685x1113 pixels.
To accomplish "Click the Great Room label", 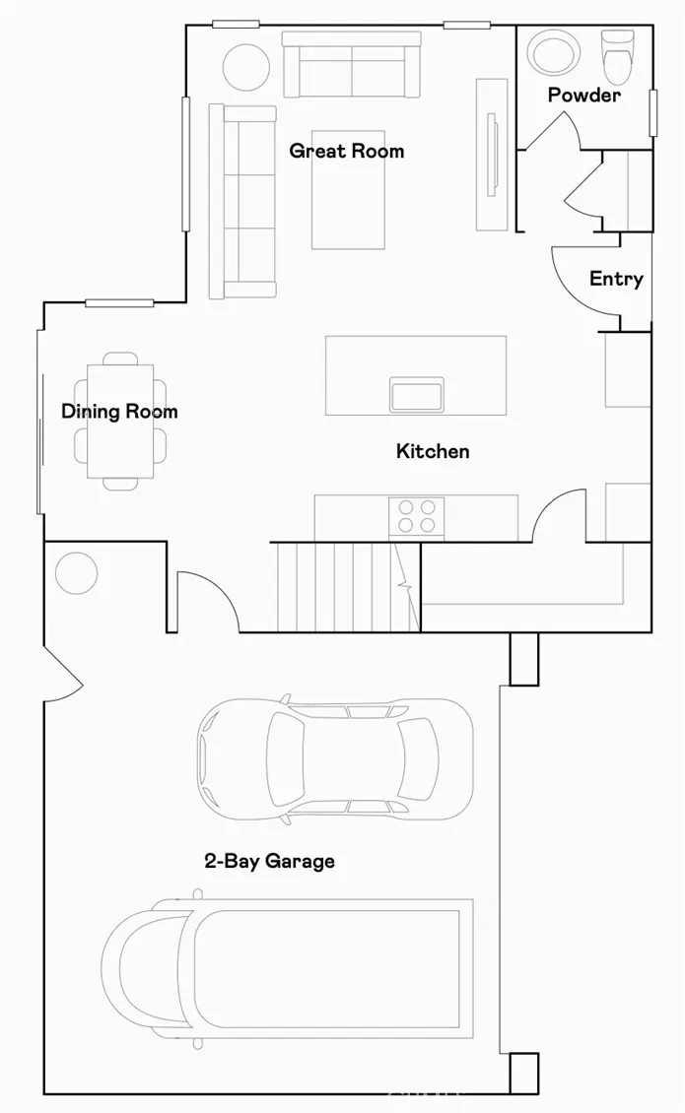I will (x=346, y=151).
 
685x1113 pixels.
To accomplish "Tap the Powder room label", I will (x=583, y=96).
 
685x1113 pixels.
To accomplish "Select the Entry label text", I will (x=616, y=279).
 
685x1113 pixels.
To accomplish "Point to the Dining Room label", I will (x=119, y=411).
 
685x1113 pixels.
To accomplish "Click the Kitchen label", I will (x=433, y=451).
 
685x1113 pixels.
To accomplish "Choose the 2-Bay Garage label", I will (x=269, y=861).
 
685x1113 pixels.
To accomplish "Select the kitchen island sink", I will (x=417, y=394).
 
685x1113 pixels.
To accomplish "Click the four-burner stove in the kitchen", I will (x=416, y=516).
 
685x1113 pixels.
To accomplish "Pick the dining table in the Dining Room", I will (x=120, y=421).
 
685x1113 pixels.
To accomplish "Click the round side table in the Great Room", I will (x=245, y=67).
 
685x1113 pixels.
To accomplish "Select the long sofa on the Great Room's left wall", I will (x=242, y=201).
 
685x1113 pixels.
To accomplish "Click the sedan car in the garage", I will (x=334, y=759).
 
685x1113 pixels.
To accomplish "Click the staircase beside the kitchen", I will (x=340, y=585).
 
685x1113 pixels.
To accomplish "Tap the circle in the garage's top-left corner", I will (x=76, y=572).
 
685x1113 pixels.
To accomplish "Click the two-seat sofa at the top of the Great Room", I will (x=351, y=64).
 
